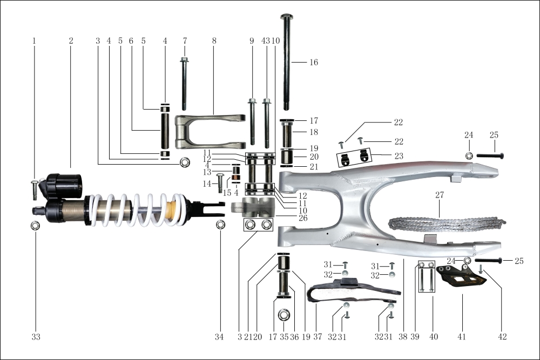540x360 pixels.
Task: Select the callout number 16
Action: click(313, 63)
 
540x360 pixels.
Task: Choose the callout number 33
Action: click(36, 337)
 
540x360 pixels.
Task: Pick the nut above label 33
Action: click(36, 225)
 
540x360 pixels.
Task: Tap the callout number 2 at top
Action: click(71, 41)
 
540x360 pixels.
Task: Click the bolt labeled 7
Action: click(184, 84)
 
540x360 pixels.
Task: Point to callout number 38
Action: click(402, 337)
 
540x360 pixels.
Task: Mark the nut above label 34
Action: click(220, 225)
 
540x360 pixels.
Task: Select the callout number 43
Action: click(265, 41)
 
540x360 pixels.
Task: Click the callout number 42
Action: click(503, 337)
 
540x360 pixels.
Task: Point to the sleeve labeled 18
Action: click(286, 132)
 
